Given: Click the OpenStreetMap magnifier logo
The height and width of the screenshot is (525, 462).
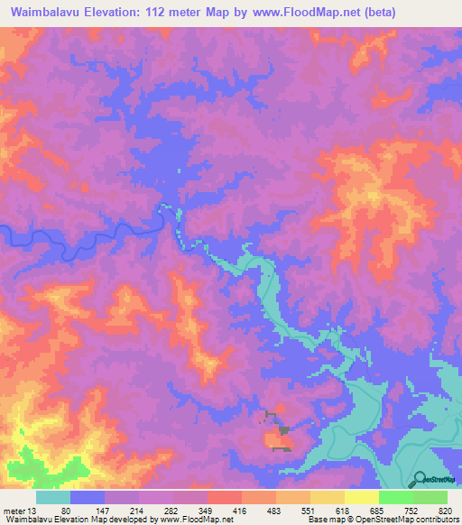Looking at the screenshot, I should [420, 479].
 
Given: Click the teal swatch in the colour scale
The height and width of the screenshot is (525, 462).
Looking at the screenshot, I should [53, 497].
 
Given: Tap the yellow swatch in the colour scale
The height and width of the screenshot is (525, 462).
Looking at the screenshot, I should [362, 497].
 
